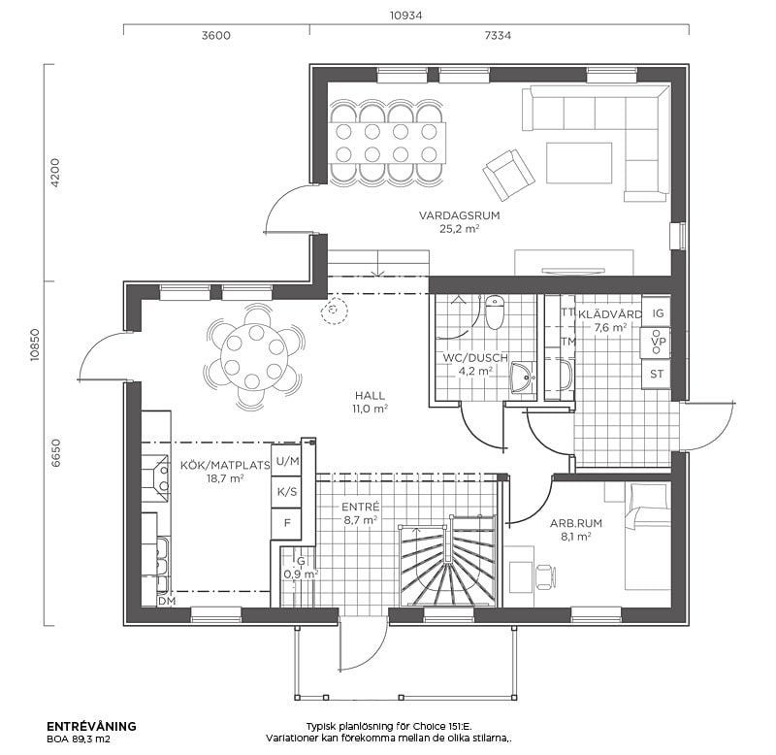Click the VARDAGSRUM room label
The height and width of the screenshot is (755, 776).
pyautogui.click(x=459, y=215)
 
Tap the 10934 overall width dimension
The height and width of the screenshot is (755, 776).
pyautogui.click(x=405, y=16)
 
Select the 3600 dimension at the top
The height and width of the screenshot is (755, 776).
pyautogui.click(x=215, y=36)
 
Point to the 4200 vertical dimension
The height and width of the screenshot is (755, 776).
pyautogui.click(x=55, y=173)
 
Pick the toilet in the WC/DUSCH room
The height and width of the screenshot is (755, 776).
pyautogui.click(x=495, y=312)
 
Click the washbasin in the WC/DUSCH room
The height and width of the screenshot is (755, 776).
pyautogui.click(x=522, y=377)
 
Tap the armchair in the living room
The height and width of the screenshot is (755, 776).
pyautogui.click(x=508, y=175)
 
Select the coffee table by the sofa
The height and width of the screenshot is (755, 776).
pyautogui.click(x=579, y=163)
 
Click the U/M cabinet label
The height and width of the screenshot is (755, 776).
pyautogui.click(x=287, y=461)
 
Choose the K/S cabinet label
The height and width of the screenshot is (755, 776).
pyautogui.click(x=287, y=492)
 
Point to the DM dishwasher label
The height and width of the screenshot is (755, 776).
pyautogui.click(x=167, y=601)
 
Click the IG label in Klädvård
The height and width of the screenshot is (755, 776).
pyautogui.click(x=658, y=312)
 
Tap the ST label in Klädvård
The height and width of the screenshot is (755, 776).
pyautogui.click(x=657, y=374)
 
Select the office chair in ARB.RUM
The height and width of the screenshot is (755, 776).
pyautogui.click(x=545, y=575)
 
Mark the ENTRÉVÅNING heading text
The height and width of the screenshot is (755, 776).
pyautogui.click(x=91, y=726)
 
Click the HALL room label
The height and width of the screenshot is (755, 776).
pyautogui.click(x=370, y=396)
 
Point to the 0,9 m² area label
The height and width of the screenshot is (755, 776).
pyautogui.click(x=301, y=574)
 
